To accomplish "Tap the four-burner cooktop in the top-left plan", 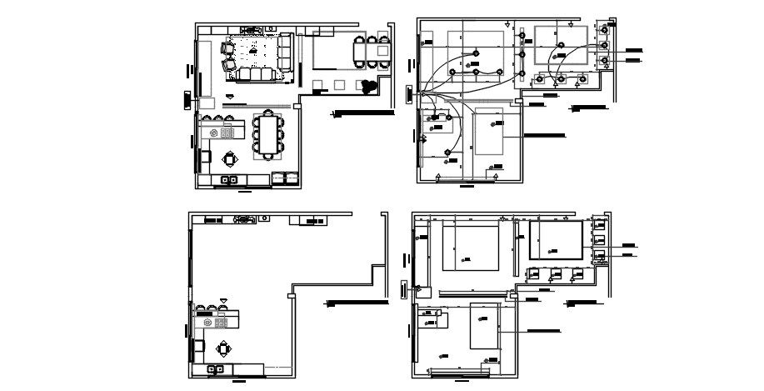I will click(x=227, y=132).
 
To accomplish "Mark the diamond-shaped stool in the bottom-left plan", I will click(x=222, y=348).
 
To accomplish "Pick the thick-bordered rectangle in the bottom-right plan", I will click(x=556, y=239).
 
